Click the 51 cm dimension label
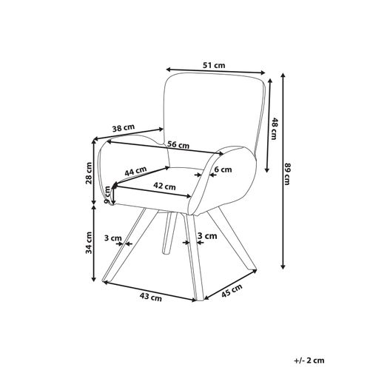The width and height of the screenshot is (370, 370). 214,65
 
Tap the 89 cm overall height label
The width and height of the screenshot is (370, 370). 287,174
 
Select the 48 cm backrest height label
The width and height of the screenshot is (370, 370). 274,129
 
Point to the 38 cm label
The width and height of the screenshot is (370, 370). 124,128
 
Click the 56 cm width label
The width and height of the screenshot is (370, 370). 178,145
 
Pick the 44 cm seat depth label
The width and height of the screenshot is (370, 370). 135,171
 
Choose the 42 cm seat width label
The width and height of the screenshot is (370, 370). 164,186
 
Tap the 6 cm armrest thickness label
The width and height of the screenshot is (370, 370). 223,169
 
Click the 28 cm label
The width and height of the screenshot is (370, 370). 89,173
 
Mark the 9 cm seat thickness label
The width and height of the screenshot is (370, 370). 107,195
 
